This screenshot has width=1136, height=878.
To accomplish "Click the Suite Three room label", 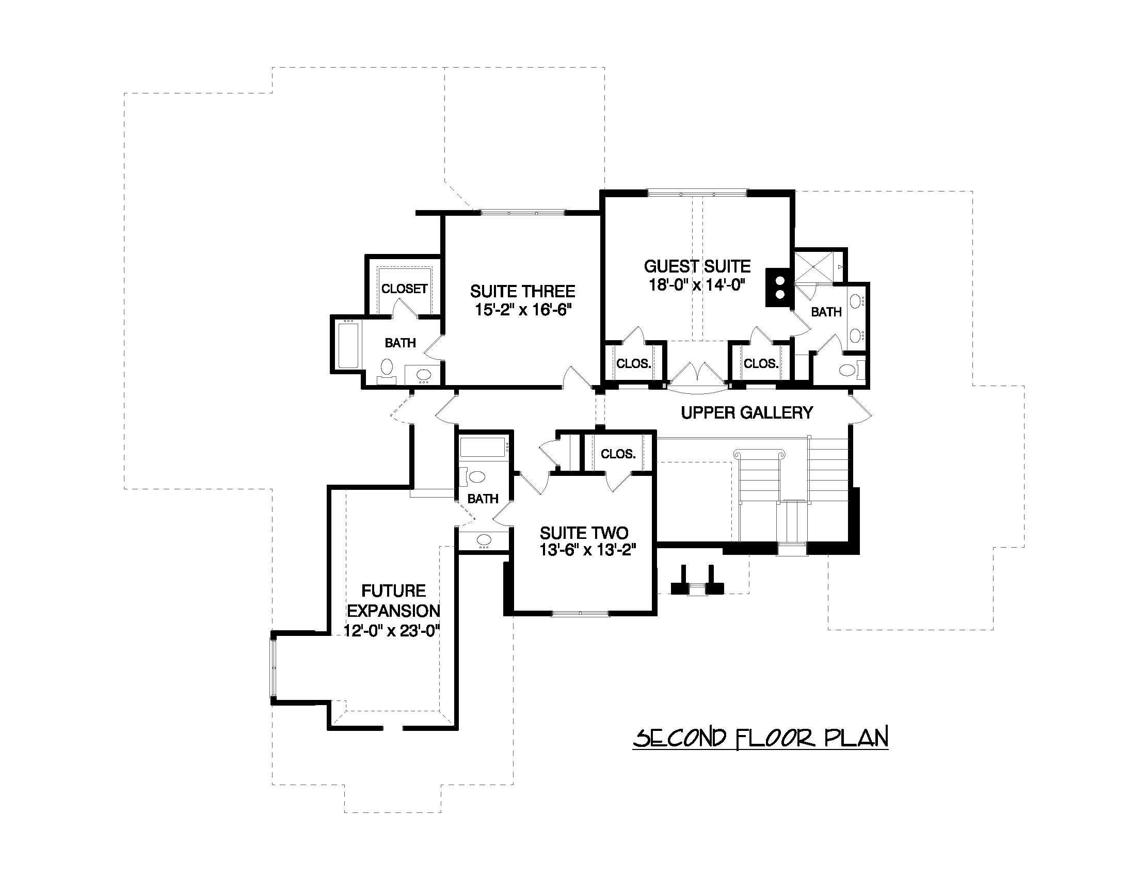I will (x=523, y=291).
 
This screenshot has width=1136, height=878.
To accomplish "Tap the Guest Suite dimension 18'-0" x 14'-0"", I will (x=697, y=285).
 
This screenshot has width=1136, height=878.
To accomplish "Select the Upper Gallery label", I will (x=746, y=412).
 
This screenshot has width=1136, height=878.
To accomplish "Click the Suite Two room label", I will (x=584, y=533).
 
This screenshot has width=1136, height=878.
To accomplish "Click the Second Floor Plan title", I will (x=760, y=738).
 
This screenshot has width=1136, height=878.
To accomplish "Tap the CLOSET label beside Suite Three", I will (x=404, y=289).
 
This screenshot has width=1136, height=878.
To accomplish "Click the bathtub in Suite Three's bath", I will (x=346, y=345).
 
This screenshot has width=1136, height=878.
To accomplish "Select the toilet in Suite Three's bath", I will (x=387, y=368).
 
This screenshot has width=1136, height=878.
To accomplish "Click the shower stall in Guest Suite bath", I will (x=813, y=267).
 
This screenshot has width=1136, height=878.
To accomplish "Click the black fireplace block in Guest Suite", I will (x=779, y=287).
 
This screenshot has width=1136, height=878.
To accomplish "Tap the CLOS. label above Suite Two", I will (x=618, y=454).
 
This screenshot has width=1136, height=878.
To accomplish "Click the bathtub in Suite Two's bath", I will (x=483, y=448).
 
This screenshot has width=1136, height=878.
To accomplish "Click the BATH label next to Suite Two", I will (x=483, y=499).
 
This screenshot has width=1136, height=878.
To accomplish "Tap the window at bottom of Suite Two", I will (x=580, y=614).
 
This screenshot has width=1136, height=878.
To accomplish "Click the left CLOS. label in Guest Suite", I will (x=633, y=363).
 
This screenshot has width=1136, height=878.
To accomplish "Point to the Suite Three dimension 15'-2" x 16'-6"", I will (x=523, y=311).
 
